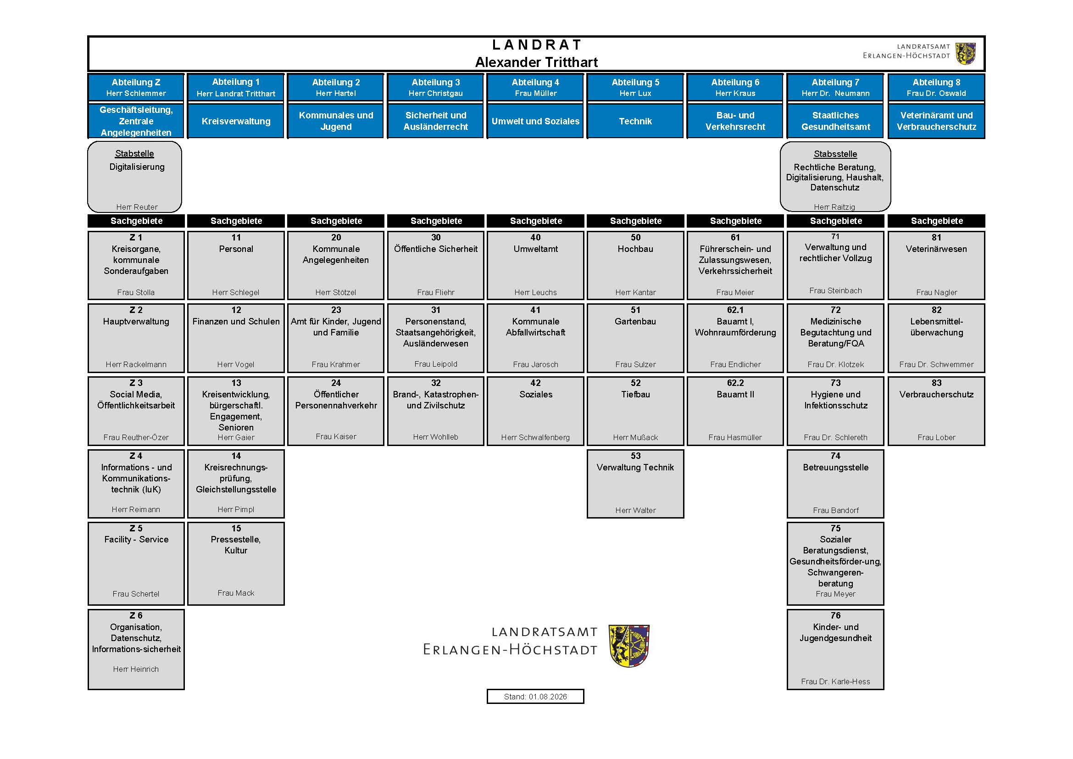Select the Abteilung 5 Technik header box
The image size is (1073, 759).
(635, 106)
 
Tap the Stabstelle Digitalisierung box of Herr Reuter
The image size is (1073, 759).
(134, 177)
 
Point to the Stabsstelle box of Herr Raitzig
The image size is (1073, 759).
(835, 177)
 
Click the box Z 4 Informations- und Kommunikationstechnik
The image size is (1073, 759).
(136, 484)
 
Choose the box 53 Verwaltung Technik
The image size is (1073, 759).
(635, 484)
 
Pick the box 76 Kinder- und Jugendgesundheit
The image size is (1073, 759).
(835, 649)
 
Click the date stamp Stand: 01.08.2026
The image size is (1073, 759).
(535, 697)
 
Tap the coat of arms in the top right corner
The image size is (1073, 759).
(966, 54)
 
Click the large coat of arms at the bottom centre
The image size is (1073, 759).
(629, 646)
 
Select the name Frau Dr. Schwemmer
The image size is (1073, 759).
(936, 364)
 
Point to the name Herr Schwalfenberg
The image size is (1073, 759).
(535, 437)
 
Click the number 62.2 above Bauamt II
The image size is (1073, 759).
(735, 383)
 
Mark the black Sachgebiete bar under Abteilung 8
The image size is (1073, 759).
(937, 221)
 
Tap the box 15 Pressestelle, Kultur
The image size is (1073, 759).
(236, 564)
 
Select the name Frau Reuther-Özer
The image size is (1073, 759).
(136, 437)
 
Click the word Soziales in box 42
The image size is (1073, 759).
(535, 395)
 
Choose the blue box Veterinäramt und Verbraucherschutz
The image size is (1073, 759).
(937, 121)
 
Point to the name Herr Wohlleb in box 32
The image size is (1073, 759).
(435, 437)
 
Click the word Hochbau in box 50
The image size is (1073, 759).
(635, 249)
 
